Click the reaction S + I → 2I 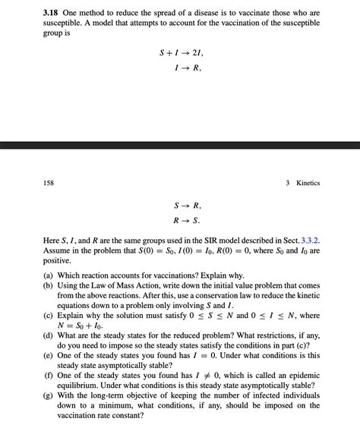[181, 52]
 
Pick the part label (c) [49, 315]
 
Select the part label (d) [49, 335]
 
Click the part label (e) [49, 354]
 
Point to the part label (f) [49, 374]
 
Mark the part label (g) [49, 394]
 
